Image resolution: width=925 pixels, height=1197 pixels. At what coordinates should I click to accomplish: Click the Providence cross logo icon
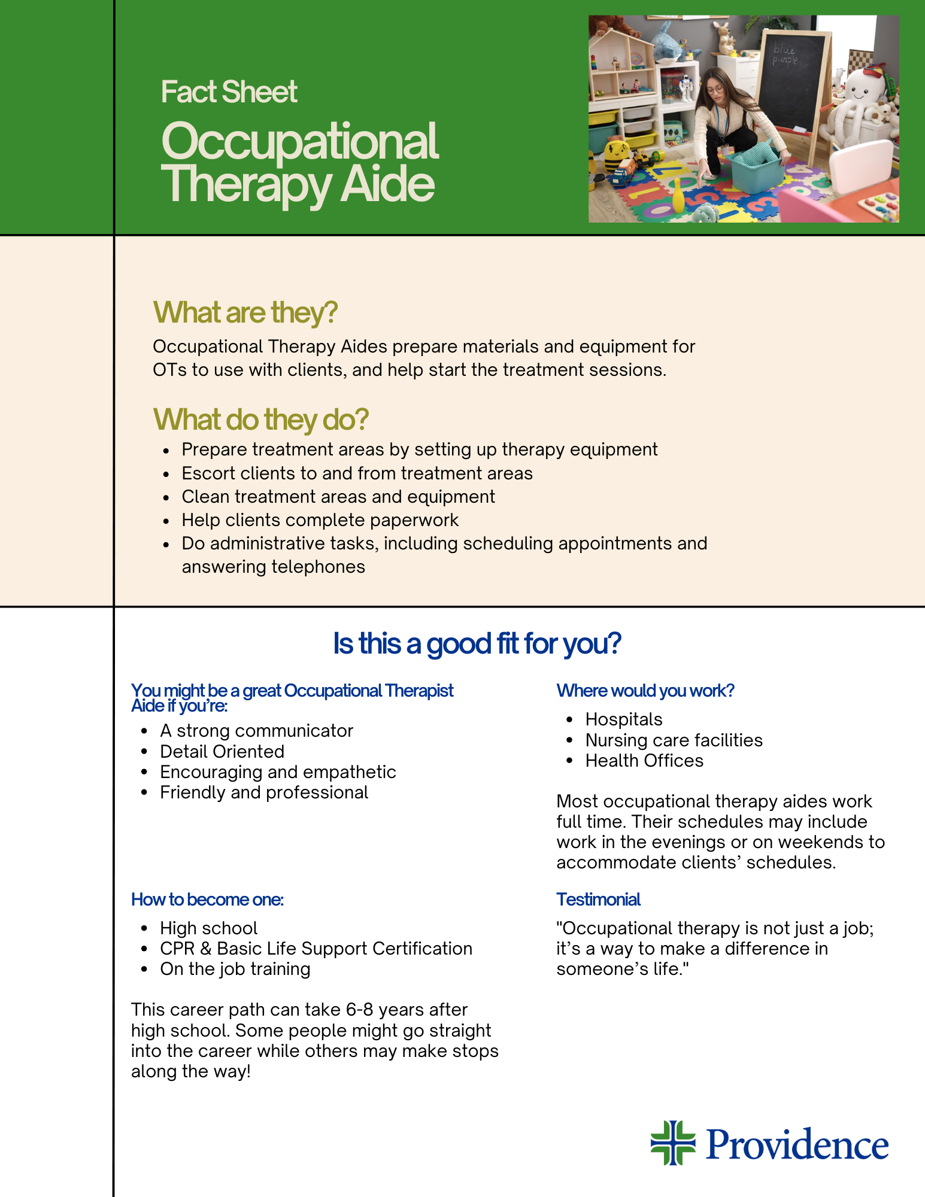pyautogui.click(x=673, y=1143)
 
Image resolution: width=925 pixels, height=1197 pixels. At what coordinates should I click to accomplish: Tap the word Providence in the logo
pyautogui.click(x=797, y=1144)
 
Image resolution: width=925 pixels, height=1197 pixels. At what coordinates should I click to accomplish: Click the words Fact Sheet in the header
pyautogui.click(x=229, y=92)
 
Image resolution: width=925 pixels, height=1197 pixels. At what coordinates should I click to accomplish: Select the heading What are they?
pyautogui.click(x=245, y=313)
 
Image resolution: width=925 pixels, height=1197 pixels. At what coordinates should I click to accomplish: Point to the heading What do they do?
pyautogui.click(x=260, y=420)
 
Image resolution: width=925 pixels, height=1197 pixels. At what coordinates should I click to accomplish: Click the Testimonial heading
pyautogui.click(x=598, y=900)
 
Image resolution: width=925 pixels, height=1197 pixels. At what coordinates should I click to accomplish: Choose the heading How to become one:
pyautogui.click(x=207, y=900)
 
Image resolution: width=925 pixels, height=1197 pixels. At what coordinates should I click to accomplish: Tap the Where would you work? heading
pyautogui.click(x=645, y=691)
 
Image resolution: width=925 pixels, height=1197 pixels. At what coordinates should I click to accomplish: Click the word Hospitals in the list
pyautogui.click(x=624, y=719)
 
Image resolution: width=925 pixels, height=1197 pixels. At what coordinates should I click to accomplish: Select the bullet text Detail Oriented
pyautogui.click(x=222, y=752)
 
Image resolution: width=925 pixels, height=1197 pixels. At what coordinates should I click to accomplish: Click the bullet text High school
pyautogui.click(x=209, y=928)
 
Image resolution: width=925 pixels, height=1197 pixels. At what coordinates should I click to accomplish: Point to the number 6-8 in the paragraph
pyautogui.click(x=360, y=1010)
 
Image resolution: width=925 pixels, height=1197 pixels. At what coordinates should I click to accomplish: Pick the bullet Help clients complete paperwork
pyautogui.click(x=320, y=520)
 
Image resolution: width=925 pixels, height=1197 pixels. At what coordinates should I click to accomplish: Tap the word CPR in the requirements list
pyautogui.click(x=177, y=949)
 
